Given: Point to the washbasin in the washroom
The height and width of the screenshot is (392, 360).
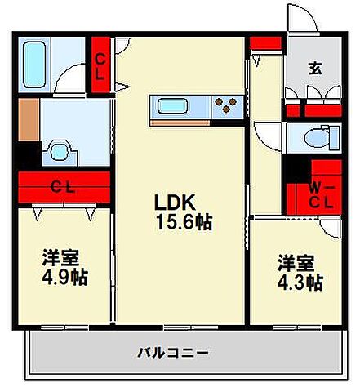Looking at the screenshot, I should click(x=59, y=151).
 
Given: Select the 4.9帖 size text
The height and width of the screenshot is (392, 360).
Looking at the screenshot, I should click(x=65, y=278).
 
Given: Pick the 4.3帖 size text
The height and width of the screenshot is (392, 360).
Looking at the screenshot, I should click(x=300, y=283).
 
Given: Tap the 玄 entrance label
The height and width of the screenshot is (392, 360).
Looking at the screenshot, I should click(x=315, y=69).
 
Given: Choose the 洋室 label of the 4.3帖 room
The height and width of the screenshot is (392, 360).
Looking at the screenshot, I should click(x=296, y=263).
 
